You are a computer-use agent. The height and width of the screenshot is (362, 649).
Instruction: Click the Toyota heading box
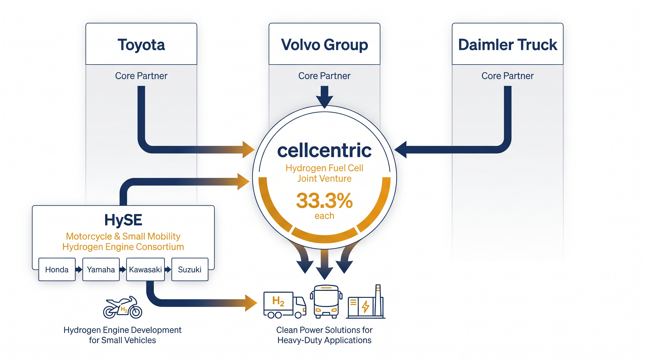[141, 44]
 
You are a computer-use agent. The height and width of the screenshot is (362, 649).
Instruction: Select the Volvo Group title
[324, 45]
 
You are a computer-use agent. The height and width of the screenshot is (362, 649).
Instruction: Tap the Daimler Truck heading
[508, 45]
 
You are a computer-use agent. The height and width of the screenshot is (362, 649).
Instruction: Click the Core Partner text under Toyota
[141, 76]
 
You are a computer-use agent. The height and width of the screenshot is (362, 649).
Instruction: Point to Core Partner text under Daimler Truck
[508, 76]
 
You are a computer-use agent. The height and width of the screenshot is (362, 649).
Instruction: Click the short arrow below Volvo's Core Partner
[324, 97]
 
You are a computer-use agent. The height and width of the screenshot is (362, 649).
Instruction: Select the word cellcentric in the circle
[324, 150]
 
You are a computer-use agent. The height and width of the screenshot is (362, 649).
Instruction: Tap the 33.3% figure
[324, 201]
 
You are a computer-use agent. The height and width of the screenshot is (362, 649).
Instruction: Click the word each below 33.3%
[324, 216]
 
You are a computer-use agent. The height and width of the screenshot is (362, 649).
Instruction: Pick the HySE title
[123, 220]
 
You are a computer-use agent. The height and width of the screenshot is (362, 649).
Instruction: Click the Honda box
[57, 269]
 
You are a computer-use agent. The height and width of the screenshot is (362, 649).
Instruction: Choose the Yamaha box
[101, 269]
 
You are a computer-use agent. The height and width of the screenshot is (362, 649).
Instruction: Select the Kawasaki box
[145, 269]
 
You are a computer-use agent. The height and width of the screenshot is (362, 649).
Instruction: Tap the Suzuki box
[190, 269]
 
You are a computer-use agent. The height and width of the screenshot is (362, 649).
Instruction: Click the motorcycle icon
[123, 307]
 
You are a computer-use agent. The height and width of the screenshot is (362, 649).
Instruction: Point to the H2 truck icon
[285, 305]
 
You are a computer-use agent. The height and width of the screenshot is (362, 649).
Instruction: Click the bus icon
[326, 302]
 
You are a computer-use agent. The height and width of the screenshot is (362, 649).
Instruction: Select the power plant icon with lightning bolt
[366, 302]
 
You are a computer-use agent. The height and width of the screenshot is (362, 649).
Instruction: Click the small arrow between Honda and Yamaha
[79, 270]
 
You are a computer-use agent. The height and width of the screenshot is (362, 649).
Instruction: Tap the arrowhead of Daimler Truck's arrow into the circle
[401, 149]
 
